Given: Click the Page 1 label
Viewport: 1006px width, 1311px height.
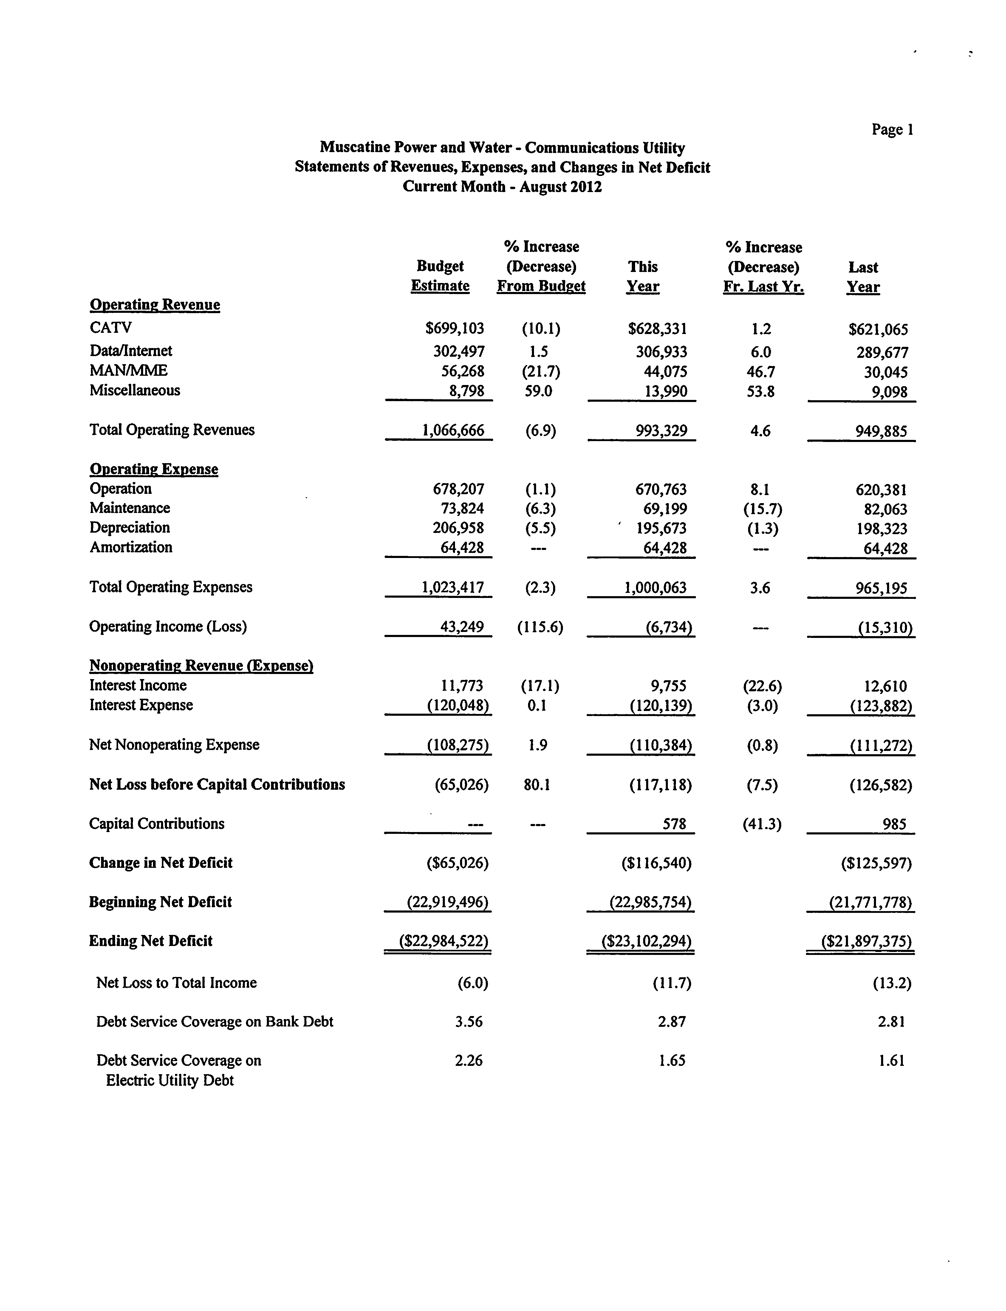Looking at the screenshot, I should tap(892, 129).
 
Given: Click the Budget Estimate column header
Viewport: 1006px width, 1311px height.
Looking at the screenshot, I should tap(440, 276).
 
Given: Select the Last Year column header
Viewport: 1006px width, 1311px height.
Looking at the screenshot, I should tap(863, 277).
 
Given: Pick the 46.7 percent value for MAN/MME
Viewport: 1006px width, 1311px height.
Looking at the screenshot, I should tap(761, 372).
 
